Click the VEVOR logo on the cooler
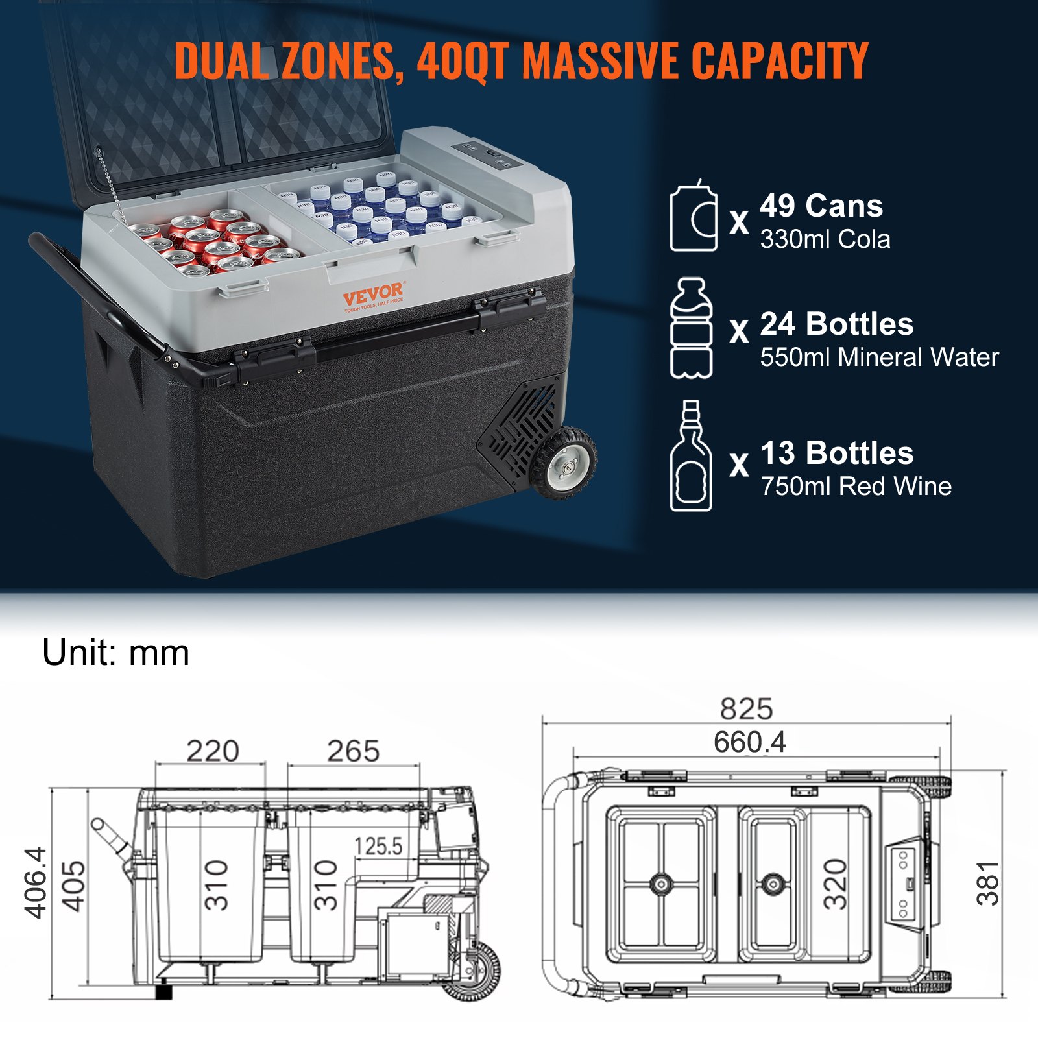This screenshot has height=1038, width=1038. [372, 296]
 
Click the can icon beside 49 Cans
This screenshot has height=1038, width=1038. [693, 218]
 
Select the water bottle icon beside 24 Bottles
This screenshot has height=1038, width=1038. [691, 328]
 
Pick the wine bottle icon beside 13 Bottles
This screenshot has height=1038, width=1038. [691, 456]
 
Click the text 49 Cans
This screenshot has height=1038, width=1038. [821, 206]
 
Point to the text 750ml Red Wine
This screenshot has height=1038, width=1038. [855, 487]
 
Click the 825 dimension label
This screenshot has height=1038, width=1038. [746, 709]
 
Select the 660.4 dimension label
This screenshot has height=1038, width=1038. [749, 742]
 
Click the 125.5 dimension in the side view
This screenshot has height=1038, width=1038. [378, 846]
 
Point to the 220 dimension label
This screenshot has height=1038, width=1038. [212, 751]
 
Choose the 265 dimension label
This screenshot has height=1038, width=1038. [353, 751]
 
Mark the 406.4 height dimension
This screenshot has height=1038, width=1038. [36, 882]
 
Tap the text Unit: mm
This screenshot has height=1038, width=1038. [115, 653]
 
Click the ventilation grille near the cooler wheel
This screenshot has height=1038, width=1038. [519, 428]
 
